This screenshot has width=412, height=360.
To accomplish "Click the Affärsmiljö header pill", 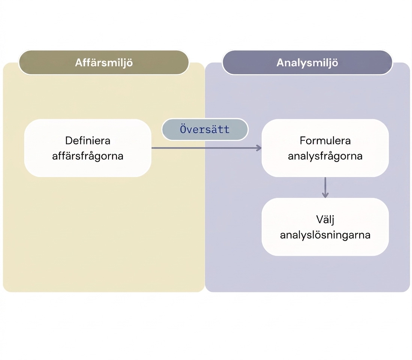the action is [104, 63].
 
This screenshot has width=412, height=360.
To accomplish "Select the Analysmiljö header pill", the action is [307, 63].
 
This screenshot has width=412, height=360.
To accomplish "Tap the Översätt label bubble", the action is [205, 129].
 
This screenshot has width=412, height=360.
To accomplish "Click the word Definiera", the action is [88, 141].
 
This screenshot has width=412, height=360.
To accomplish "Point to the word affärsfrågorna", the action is [88, 156].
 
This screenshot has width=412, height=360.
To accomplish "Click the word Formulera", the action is [325, 141].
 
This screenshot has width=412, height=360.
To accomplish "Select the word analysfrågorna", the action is [325, 156].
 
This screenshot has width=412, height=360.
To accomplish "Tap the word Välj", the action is [325, 220].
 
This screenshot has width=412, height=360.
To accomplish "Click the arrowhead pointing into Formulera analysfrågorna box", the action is [259, 148].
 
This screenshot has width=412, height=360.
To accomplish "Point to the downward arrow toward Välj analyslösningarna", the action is [325, 187].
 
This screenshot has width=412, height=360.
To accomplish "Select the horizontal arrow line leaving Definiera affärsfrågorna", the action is [206, 148].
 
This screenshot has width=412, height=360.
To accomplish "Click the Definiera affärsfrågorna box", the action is [88, 148].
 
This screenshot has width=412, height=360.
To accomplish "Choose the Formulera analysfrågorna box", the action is [325, 148].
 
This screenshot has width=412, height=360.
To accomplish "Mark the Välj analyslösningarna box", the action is [325, 227].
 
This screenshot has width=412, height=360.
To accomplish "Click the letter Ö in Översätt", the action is [183, 129].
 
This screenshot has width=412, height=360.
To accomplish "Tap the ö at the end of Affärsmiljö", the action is [130, 63].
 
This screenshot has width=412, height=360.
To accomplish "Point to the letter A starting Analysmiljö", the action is [281, 63].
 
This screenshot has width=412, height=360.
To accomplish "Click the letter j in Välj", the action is [333, 220].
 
